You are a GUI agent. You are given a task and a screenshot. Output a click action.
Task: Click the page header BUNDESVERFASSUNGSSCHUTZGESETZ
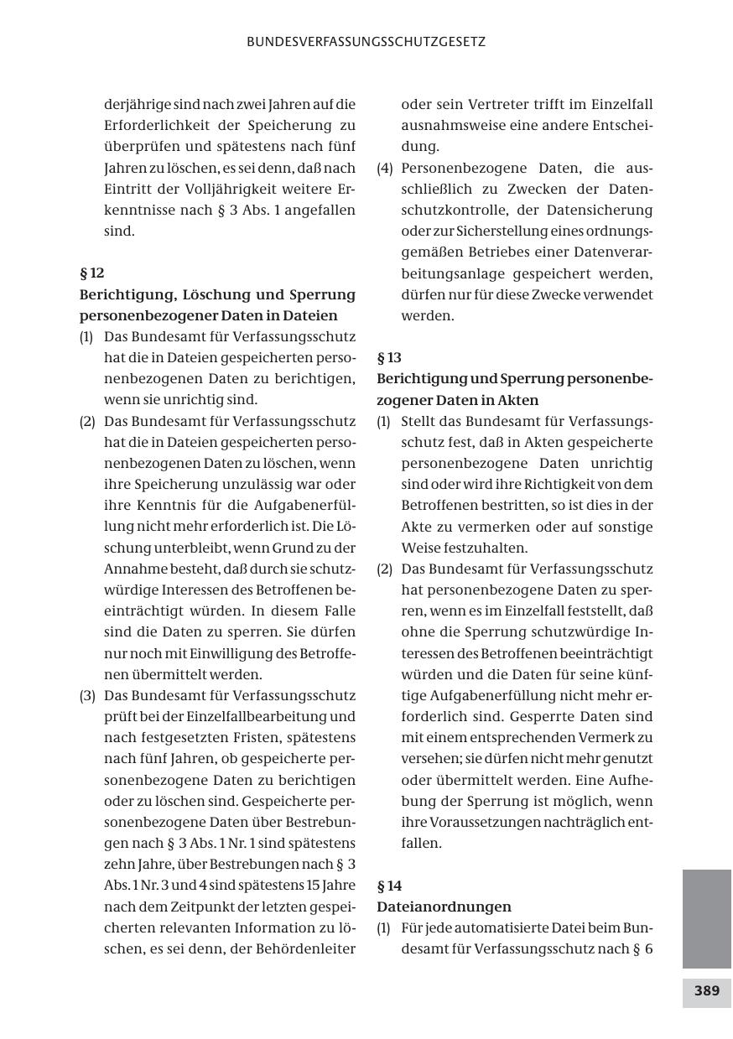[x=366, y=41]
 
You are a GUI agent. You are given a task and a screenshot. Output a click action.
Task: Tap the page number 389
[x=706, y=990]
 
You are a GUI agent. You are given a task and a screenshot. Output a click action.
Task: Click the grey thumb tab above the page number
[x=706, y=918]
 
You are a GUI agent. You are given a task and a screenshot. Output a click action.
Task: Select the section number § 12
[x=91, y=273]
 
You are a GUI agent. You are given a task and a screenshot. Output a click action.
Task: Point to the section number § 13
[x=389, y=358]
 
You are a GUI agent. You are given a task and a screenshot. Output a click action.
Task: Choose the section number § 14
[x=389, y=886]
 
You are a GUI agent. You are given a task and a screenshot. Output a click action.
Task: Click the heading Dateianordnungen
[x=444, y=907]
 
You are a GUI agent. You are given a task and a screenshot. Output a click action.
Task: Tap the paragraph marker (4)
[x=385, y=168]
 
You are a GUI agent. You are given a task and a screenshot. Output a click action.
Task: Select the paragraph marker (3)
[x=88, y=695]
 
